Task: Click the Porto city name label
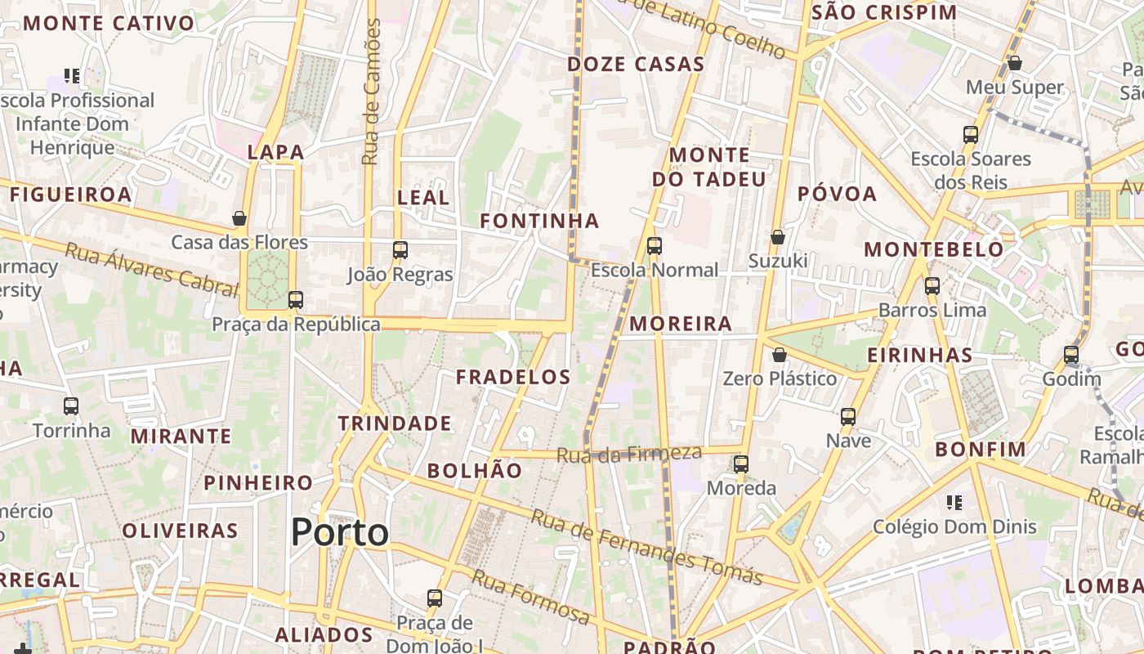[340, 532]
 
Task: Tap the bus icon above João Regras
[400, 250]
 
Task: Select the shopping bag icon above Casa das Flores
[239, 218]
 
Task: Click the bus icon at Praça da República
[296, 300]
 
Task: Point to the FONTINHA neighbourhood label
[539, 221]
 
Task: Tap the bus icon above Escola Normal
[654, 246]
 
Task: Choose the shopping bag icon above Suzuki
[778, 237]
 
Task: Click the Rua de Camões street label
[372, 92]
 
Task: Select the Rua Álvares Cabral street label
[151, 269]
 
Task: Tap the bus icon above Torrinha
[71, 405]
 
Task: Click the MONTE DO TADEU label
[709, 167]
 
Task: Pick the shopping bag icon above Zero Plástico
[780, 355]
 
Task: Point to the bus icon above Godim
[1070, 355]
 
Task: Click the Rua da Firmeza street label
[629, 455]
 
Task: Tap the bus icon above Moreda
[741, 464]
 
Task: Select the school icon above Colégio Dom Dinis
[954, 502]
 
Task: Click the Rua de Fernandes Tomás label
[646, 548]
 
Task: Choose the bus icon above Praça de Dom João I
[435, 598]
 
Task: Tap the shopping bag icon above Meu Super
[1015, 63]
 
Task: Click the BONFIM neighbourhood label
[981, 449]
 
